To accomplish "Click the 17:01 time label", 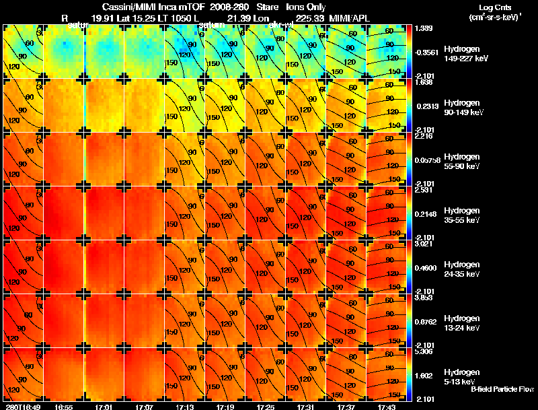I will click(104, 407).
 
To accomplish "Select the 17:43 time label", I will click(386, 407).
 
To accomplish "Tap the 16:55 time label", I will click(64, 407).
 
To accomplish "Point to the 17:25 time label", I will click(265, 407).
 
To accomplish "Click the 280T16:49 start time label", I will click(22, 407).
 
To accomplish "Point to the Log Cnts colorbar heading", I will click(494, 7).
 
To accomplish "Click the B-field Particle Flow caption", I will click(502, 389).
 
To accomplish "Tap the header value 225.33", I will click(310, 18).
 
